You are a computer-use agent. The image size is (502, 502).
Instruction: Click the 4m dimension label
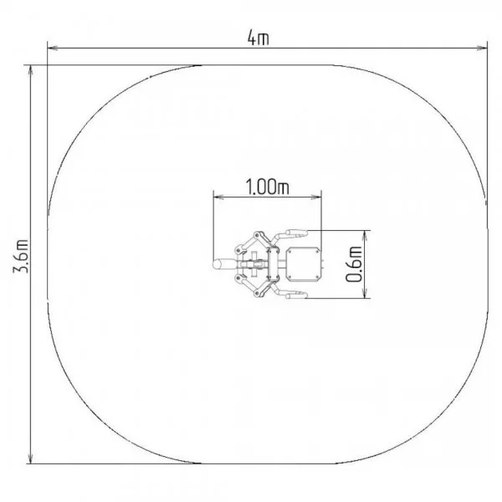(258, 38)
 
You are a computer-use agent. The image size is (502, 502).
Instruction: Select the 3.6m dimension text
(20, 256)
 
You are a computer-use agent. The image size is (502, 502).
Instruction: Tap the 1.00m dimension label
(268, 187)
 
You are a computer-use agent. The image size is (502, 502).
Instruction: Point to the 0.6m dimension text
(354, 264)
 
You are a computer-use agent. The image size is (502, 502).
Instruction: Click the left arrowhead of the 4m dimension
(53, 48)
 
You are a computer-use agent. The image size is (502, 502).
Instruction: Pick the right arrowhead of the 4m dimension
(482, 48)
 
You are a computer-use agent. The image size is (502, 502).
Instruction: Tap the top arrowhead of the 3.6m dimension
(30, 70)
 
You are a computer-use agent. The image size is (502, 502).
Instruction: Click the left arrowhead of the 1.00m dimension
(218, 197)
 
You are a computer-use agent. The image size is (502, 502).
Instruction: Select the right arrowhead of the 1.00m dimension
(316, 197)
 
